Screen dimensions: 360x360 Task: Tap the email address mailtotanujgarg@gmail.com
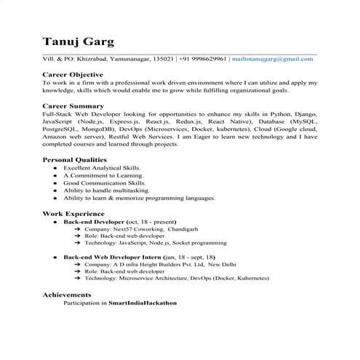278,57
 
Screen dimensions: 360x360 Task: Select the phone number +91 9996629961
205,57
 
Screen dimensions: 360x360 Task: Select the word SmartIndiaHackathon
143,302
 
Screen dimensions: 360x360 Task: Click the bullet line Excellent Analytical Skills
102,167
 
